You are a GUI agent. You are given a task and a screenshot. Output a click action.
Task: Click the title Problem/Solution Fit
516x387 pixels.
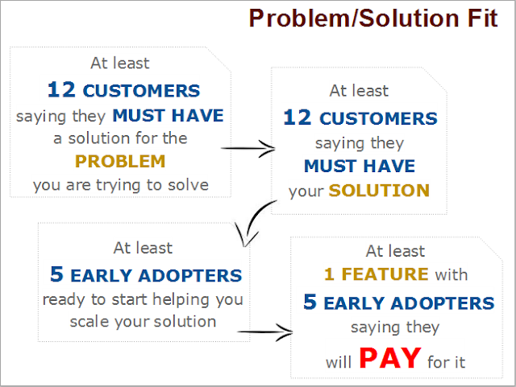pos(373,19)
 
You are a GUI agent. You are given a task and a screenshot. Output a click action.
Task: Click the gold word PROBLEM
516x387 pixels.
pos(120,161)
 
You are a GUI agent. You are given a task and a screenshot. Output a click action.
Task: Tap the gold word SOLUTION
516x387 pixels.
pos(379,191)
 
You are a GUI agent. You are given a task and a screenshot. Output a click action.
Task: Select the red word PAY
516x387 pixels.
pos(390,358)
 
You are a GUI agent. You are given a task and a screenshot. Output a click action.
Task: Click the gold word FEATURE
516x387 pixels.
pos(385,274)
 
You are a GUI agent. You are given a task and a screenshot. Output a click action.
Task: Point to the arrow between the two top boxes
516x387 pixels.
pos(248,149)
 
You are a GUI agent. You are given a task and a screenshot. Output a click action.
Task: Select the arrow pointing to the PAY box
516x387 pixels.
pos(265,332)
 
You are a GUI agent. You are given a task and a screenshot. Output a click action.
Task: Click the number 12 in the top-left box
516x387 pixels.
pos(61,89)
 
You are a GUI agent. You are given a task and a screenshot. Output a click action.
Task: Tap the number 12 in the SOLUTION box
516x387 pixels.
pos(298,117)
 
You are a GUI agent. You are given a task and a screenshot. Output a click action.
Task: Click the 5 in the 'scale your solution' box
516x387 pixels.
pos(56,274)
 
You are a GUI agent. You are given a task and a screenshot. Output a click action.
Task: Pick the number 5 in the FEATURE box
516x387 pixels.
pos(310,302)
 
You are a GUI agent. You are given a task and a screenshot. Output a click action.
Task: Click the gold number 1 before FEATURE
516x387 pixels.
pos(330,274)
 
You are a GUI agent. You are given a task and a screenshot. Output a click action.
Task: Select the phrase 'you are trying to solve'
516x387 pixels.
pos(121,186)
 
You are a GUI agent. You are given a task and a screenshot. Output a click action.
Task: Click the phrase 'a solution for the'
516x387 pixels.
pos(120,138)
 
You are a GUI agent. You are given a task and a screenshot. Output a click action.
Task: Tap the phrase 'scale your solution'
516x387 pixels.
pos(144,322)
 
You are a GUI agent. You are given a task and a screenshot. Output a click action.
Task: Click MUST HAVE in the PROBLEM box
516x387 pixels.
pos(169,116)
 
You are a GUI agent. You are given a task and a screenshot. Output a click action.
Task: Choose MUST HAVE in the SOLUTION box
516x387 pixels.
pos(360,166)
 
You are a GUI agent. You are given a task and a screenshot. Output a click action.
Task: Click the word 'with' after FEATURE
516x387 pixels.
pos(451,274)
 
